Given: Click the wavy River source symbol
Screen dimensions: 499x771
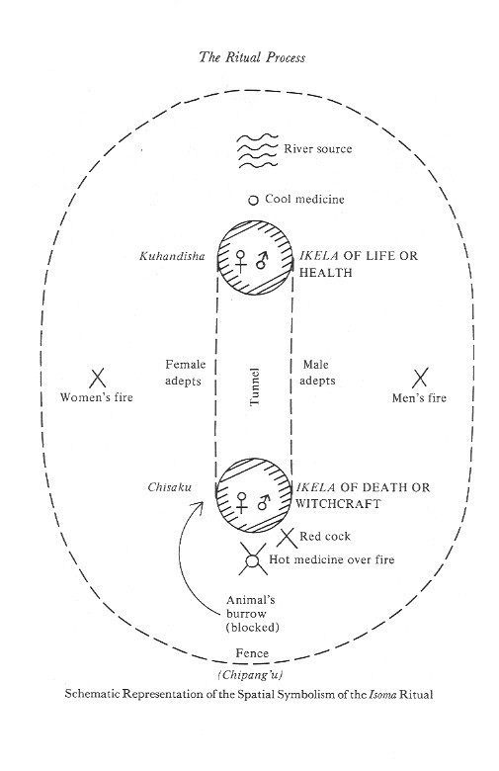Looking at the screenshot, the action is pyautogui.click(x=258, y=150).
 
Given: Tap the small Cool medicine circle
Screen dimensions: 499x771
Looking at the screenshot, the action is pyautogui.click(x=253, y=200).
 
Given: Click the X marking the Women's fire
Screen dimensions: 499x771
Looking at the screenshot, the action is pyautogui.click(x=98, y=379).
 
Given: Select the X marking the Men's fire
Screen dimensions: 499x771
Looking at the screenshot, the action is pyautogui.click(x=419, y=378).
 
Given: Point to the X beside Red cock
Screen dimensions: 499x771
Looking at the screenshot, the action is pyautogui.click(x=288, y=538).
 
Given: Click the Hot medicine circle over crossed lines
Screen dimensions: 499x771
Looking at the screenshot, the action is pyautogui.click(x=253, y=560).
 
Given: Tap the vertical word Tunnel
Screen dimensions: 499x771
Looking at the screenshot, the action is pyautogui.click(x=254, y=386).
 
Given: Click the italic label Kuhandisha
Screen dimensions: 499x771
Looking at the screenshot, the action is pyautogui.click(x=172, y=256).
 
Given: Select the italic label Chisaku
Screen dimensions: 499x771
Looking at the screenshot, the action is pyautogui.click(x=170, y=487).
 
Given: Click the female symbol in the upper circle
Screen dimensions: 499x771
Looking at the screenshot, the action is pyautogui.click(x=241, y=261).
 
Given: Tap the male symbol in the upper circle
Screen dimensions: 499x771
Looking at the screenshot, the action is pyautogui.click(x=263, y=261).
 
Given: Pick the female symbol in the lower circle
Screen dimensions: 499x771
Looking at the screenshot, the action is pyautogui.click(x=241, y=502).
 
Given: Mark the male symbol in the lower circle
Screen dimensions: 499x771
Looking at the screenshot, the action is pyautogui.click(x=264, y=502).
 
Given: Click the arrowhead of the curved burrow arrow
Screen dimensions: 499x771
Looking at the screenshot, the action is pyautogui.click(x=200, y=504).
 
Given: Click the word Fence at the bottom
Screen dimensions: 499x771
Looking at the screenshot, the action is pyautogui.click(x=252, y=653).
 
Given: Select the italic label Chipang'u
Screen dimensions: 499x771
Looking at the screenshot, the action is pyautogui.click(x=251, y=674).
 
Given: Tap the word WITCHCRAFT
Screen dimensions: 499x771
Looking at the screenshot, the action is pyautogui.click(x=338, y=503).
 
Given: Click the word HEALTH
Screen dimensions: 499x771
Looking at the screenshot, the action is pyautogui.click(x=326, y=273).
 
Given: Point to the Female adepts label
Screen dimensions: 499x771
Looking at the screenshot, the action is pyautogui.click(x=185, y=373).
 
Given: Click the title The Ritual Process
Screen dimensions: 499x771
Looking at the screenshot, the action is pyautogui.click(x=252, y=57).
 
